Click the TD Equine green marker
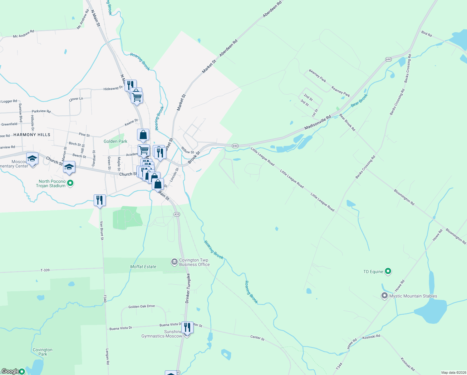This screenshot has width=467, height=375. pos(388,271)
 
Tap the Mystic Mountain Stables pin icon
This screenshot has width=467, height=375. pos(385,296)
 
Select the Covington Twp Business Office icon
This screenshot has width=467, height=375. pos(175,262)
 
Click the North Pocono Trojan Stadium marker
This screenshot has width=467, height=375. pos(71,183)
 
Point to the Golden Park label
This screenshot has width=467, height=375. pos(116,141)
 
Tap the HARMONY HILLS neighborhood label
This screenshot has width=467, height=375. pos(32,135)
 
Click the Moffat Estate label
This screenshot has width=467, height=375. pos(143,267)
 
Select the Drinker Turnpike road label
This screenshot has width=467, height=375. pos(188,288)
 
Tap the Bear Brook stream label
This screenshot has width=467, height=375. pos(359,100)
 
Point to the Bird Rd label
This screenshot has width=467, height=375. pos(426,34)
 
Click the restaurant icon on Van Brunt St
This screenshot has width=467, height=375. pos(100,200)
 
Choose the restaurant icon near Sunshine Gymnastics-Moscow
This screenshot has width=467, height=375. pos(187,327)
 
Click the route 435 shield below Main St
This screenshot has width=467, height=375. pos(177,214)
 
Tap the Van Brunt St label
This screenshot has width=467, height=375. pos(102,231)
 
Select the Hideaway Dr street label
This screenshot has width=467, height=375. pos(113,89)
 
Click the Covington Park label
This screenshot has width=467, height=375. pos(42,352)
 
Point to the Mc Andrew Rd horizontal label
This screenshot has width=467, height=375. pos(23,34)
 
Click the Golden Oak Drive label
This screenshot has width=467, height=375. pos(141,307)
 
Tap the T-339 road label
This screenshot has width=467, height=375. pos(45,270)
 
